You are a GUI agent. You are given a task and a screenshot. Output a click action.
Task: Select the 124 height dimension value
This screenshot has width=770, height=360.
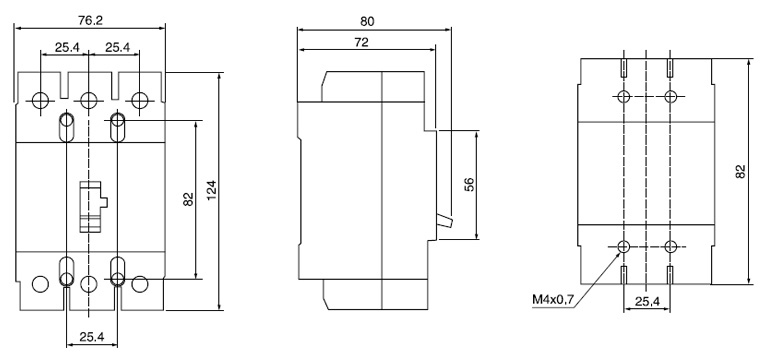click(x=212, y=189)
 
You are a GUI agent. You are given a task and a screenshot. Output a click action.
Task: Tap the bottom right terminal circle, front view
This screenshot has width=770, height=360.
click(x=139, y=283)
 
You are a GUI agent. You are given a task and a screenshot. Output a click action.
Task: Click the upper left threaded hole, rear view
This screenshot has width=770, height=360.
click(x=624, y=97)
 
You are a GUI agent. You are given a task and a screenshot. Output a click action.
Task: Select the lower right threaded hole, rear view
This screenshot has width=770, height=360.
click(x=670, y=246)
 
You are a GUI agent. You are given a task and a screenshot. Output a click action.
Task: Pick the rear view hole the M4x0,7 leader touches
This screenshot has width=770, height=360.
click(x=624, y=246)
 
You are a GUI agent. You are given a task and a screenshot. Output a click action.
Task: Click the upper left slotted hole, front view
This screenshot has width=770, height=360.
click(x=66, y=127)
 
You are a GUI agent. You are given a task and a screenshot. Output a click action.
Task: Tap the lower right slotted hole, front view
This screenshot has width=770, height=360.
click(x=117, y=271)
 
